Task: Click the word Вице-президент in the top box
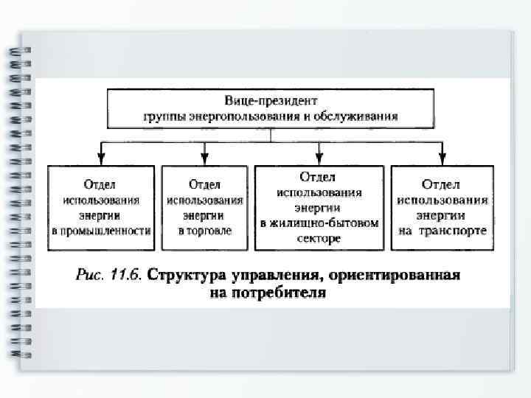[x=271, y=99]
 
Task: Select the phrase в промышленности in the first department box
[x=101, y=231]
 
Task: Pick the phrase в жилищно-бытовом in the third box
[x=319, y=223]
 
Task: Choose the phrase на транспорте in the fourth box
[x=442, y=231]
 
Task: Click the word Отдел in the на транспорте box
[x=442, y=184]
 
